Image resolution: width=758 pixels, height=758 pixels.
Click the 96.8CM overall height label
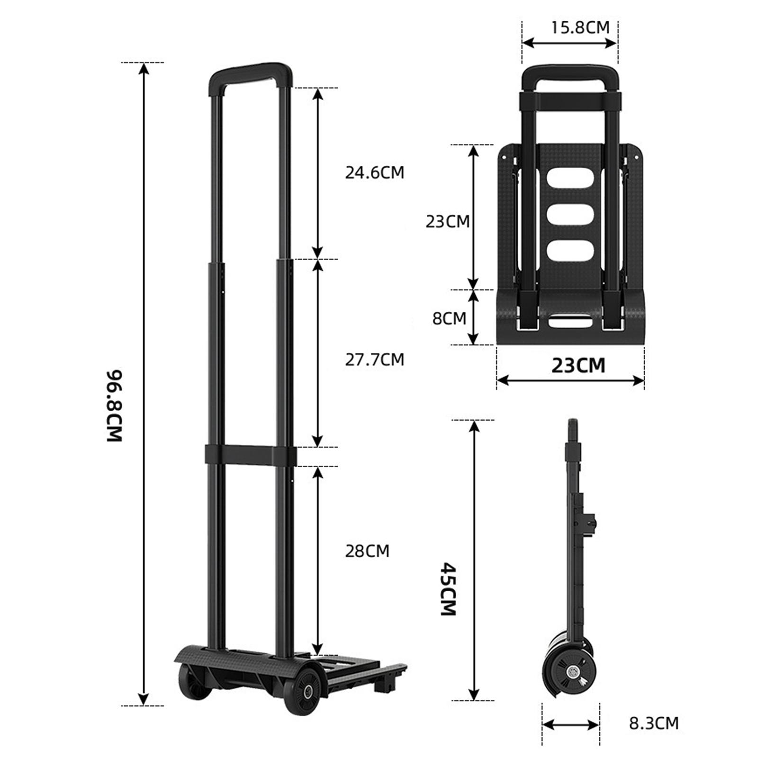[x=115, y=406]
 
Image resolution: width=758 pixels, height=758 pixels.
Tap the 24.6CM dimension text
[x=374, y=173]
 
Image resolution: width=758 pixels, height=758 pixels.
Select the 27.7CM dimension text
[x=374, y=360]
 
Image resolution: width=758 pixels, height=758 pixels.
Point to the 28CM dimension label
[x=367, y=551]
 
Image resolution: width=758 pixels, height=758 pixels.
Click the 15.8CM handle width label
[x=580, y=27]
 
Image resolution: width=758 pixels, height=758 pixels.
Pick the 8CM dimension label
[x=449, y=318]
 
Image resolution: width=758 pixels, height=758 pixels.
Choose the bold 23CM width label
[x=578, y=366]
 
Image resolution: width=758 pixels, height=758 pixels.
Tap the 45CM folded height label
[x=448, y=589]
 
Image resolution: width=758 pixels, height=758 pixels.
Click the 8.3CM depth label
[x=654, y=723]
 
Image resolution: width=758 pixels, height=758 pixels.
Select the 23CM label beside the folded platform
[x=448, y=222]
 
